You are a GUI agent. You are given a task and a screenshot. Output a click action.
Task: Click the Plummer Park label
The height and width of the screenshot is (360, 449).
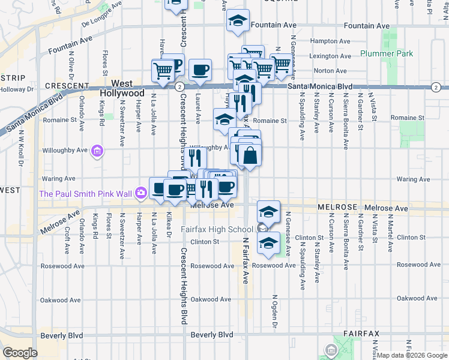(x=387, y=53)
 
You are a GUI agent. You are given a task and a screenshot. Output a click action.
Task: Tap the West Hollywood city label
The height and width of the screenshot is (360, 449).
(x=122, y=89)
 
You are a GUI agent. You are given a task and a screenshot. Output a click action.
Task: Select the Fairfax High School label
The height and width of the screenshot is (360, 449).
(x=217, y=229)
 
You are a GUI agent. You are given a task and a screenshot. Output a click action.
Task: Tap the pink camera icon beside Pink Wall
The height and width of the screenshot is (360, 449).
(x=140, y=193)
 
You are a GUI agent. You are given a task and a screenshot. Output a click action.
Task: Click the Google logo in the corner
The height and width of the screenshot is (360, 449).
(x=20, y=352)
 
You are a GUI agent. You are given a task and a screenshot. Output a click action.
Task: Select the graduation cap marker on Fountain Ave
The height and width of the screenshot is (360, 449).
(x=238, y=21)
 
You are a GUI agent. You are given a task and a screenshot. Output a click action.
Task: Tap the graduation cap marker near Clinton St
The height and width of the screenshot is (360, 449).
(x=268, y=242)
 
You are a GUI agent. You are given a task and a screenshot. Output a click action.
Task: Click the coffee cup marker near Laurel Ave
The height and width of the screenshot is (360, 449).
(x=200, y=70)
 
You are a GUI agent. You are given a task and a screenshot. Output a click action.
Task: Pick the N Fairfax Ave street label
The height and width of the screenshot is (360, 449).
(x=245, y=259)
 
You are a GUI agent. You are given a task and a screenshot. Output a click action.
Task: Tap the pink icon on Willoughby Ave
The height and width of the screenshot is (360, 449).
(x=98, y=152)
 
